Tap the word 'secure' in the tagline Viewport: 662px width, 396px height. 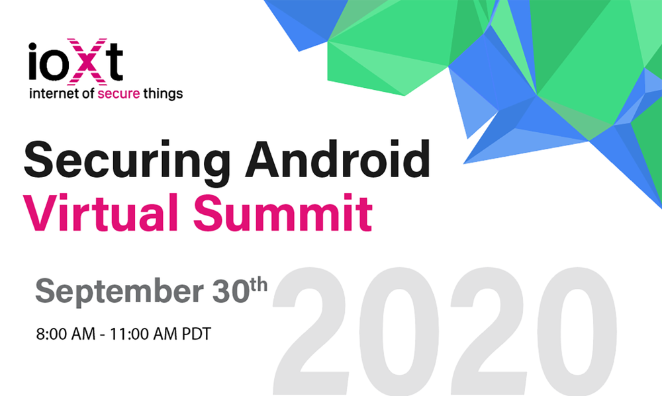point(118,94)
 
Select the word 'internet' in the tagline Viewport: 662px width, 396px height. point(51,94)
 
